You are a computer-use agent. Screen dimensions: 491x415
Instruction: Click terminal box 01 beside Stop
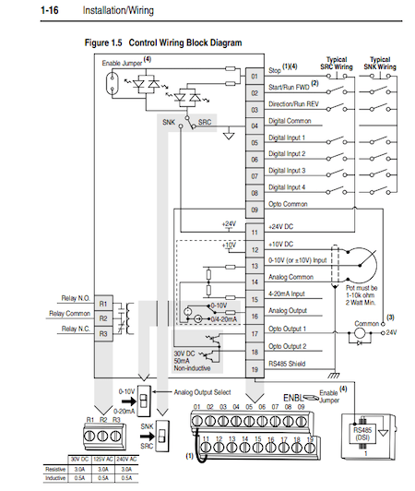(255, 77)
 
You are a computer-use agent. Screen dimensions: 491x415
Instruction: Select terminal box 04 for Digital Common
(255, 126)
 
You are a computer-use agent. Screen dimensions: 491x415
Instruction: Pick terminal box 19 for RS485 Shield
(255, 368)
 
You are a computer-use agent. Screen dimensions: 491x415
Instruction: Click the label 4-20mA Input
(290, 294)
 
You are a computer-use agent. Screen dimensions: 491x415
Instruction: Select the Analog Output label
(290, 311)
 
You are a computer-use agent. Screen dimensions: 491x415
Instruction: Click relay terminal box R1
(103, 303)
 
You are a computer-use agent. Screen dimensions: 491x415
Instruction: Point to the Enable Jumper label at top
(123, 62)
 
